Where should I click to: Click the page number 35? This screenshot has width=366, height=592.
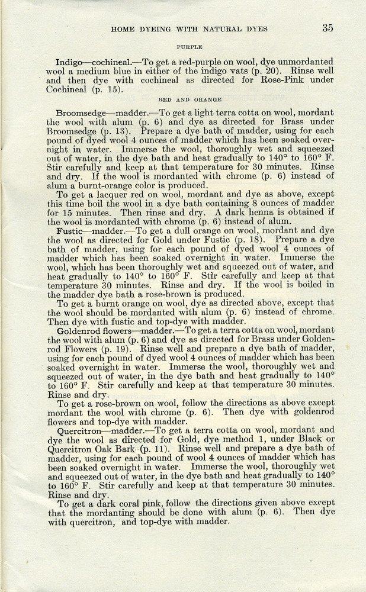click(328, 27)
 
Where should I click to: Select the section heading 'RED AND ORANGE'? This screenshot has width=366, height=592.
click(190, 99)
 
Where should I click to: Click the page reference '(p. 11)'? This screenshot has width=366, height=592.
click(152, 451)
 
